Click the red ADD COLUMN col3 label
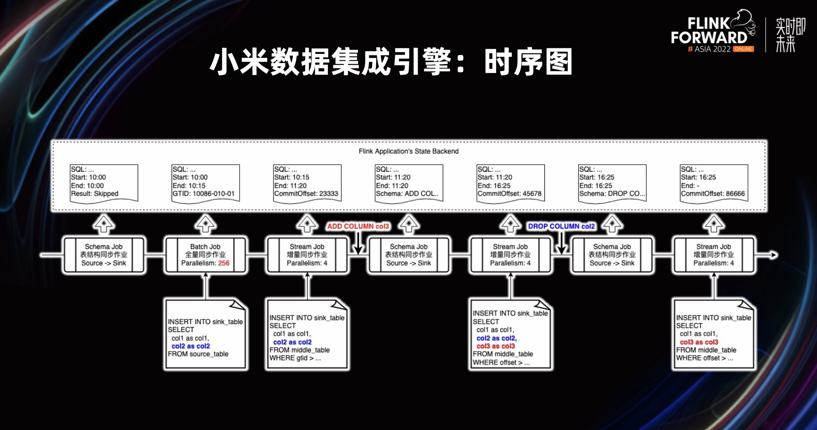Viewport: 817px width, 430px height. tap(358, 226)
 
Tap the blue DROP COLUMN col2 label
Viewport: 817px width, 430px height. tap(561, 226)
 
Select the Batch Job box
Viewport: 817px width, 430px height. tap(205, 255)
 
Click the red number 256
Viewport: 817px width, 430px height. tap(224, 263)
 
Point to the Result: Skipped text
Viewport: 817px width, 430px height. tap(95, 194)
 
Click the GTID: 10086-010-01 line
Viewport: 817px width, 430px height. tap(204, 194)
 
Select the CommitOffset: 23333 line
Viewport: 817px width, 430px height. tap(306, 194)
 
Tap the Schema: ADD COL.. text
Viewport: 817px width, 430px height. tap(407, 194)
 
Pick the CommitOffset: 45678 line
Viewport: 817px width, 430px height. tap(509, 194)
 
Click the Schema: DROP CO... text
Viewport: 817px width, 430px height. tap(612, 194)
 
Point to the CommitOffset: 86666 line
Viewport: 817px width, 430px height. tap(713, 194)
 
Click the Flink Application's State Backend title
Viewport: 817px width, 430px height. tap(408, 151)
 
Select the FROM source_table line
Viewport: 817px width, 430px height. tap(198, 354)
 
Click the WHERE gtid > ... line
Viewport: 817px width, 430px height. tap(295, 358)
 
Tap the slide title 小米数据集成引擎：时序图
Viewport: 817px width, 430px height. tap(391, 62)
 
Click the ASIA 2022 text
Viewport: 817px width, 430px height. tap(712, 49)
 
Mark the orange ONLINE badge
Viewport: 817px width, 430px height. tap(743, 49)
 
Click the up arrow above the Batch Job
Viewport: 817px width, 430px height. tap(206, 224)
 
